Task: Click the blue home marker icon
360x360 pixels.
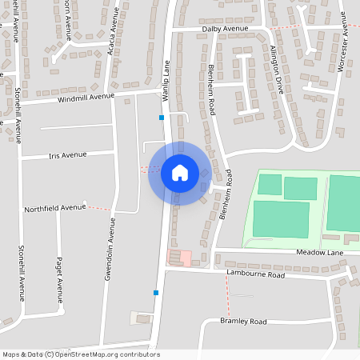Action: point(180,173)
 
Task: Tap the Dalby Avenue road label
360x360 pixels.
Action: point(225,28)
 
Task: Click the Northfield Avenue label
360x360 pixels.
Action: point(54,208)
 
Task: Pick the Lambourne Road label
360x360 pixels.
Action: point(255,274)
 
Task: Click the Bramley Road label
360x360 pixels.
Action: point(243,321)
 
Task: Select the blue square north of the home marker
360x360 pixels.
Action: point(162,118)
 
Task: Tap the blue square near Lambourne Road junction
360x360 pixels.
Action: point(156,293)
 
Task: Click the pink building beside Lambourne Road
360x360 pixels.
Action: point(185,258)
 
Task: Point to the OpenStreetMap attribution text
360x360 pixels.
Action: point(82,354)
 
